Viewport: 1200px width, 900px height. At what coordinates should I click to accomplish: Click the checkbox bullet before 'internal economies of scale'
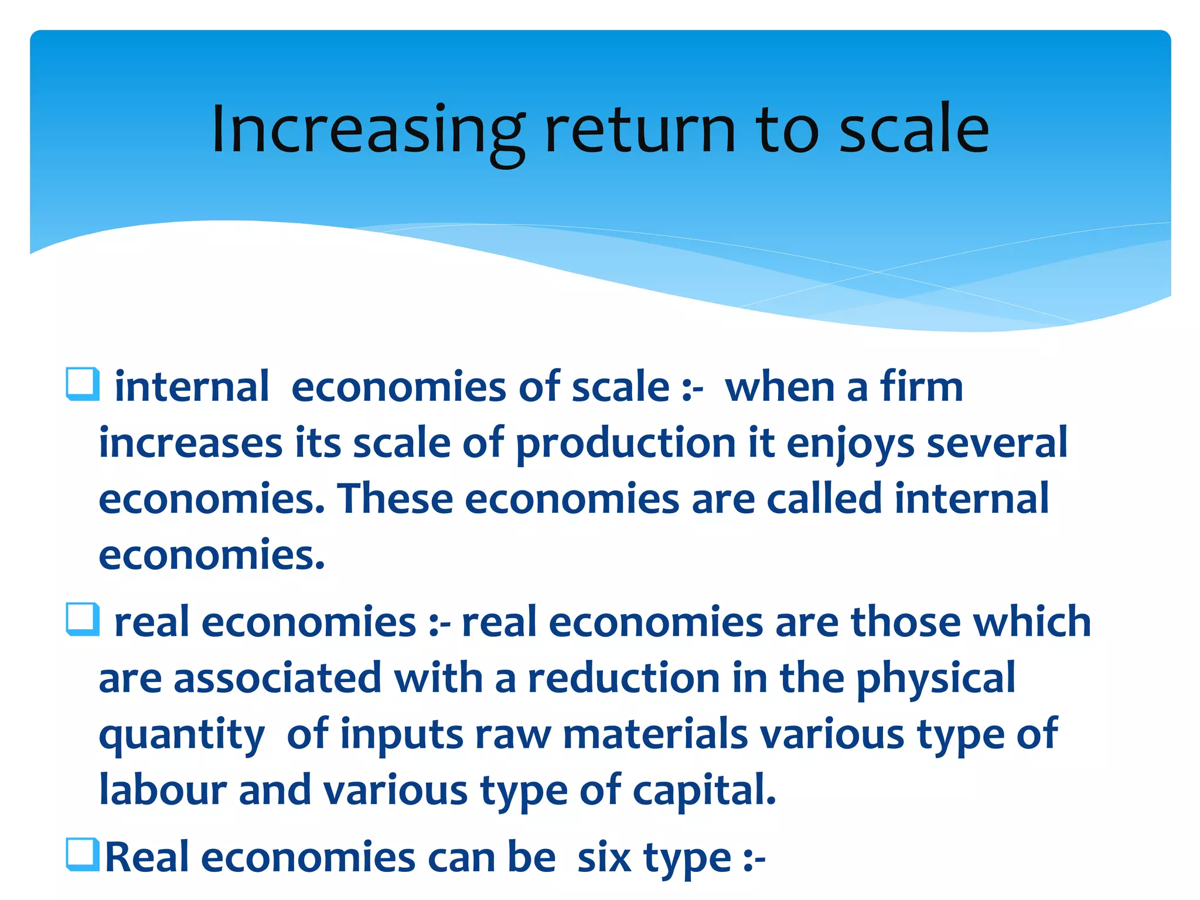(x=82, y=384)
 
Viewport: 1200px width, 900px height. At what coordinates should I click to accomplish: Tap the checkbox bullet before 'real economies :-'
(x=82, y=619)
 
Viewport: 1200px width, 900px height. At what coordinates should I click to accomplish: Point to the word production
(x=625, y=444)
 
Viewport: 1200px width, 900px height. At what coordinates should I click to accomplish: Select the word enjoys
(x=850, y=444)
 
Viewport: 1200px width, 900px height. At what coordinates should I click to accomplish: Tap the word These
(x=395, y=499)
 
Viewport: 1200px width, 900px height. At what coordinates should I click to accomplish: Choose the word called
(x=824, y=499)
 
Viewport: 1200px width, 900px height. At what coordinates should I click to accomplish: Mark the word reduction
(x=623, y=678)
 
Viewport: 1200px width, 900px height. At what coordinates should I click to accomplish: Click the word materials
(x=655, y=734)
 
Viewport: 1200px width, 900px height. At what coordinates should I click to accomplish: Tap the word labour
(x=163, y=790)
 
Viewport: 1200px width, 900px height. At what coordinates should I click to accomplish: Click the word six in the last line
(x=604, y=858)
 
